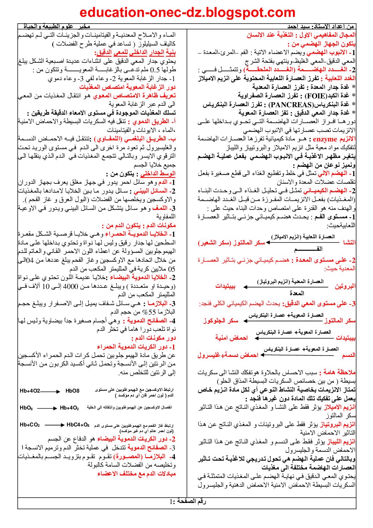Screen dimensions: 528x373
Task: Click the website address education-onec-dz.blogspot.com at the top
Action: click(x=187, y=13)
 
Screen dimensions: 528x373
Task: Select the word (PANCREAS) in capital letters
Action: click(x=291, y=104)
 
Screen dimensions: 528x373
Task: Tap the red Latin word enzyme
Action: click(x=325, y=139)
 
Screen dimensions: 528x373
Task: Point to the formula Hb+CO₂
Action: click(x=30, y=425)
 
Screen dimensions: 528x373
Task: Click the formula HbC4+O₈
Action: click(x=78, y=425)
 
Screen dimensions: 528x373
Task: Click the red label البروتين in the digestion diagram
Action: click(x=345, y=286)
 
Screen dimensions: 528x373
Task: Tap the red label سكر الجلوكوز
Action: click(x=221, y=321)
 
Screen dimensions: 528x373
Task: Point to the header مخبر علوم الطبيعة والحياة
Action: click(x=57, y=26)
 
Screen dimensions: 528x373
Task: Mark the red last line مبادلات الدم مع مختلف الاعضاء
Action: click(x=136, y=474)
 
